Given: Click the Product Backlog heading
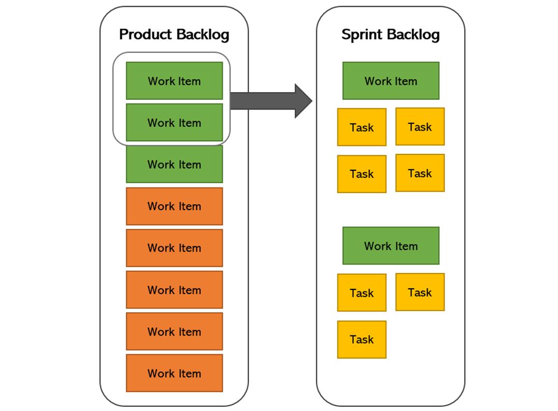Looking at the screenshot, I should tap(174, 35).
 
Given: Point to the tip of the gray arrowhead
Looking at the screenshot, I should tap(311, 101).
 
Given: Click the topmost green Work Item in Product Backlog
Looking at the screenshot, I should tap(174, 81).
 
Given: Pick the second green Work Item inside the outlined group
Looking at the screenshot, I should tap(174, 123).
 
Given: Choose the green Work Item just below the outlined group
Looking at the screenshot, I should tap(174, 164).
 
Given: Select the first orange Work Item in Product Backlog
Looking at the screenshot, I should tap(174, 206).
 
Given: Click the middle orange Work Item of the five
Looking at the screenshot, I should tap(174, 290).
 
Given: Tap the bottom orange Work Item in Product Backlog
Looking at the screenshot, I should tap(174, 373).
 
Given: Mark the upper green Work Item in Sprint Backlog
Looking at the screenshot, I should tap(391, 81).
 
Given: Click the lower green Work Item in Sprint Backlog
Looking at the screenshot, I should tap(391, 246).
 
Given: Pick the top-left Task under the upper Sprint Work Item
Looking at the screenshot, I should tap(362, 127).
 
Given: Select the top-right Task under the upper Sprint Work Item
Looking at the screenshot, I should tap(420, 127).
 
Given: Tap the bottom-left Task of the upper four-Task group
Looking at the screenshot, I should tap(362, 174).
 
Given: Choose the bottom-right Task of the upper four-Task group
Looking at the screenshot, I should tap(420, 173).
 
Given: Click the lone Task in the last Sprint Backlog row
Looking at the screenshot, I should tap(362, 340).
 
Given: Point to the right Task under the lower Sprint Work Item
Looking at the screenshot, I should tap(420, 292).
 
